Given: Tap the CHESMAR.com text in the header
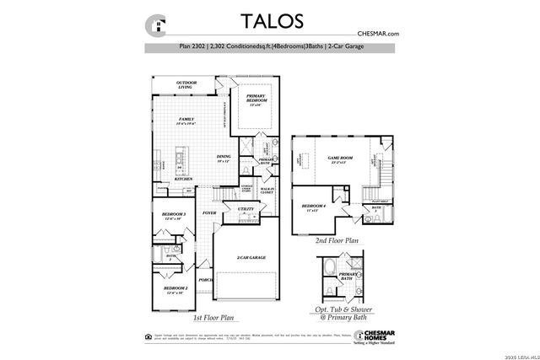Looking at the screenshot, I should [x=380, y=34].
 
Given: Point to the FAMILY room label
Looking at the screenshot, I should [x=186, y=121].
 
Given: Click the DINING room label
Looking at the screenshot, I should [x=224, y=156].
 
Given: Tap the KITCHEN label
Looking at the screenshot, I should [x=184, y=179].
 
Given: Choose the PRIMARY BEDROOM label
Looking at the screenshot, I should [x=256, y=99].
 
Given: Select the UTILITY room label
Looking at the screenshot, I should [x=246, y=208].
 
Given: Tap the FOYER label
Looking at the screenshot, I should [x=208, y=213].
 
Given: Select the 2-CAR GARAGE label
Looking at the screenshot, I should [x=251, y=257].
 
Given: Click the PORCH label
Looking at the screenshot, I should [x=203, y=280].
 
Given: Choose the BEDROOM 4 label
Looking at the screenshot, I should [x=313, y=207].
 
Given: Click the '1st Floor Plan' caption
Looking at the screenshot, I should [x=213, y=318].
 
